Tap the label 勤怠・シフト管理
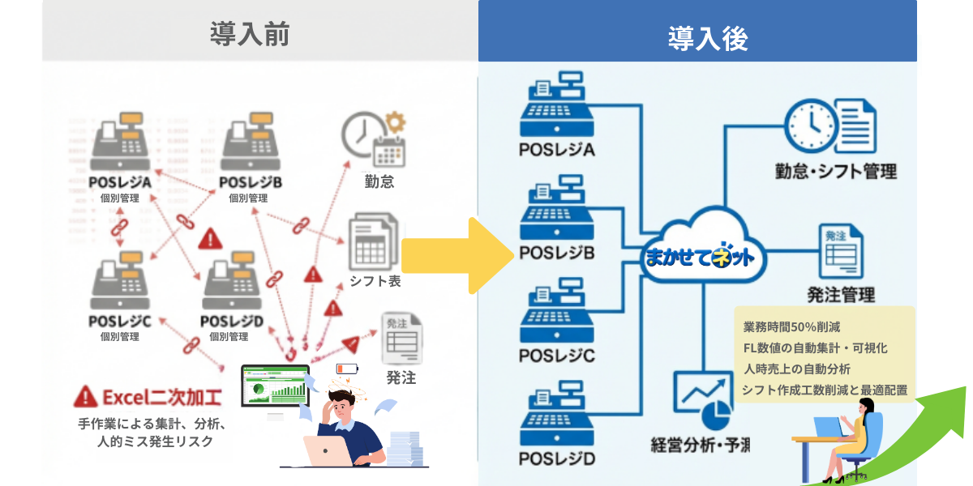pos(836,172)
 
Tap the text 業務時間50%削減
pos(791,328)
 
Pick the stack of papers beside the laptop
pos(405,448)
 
